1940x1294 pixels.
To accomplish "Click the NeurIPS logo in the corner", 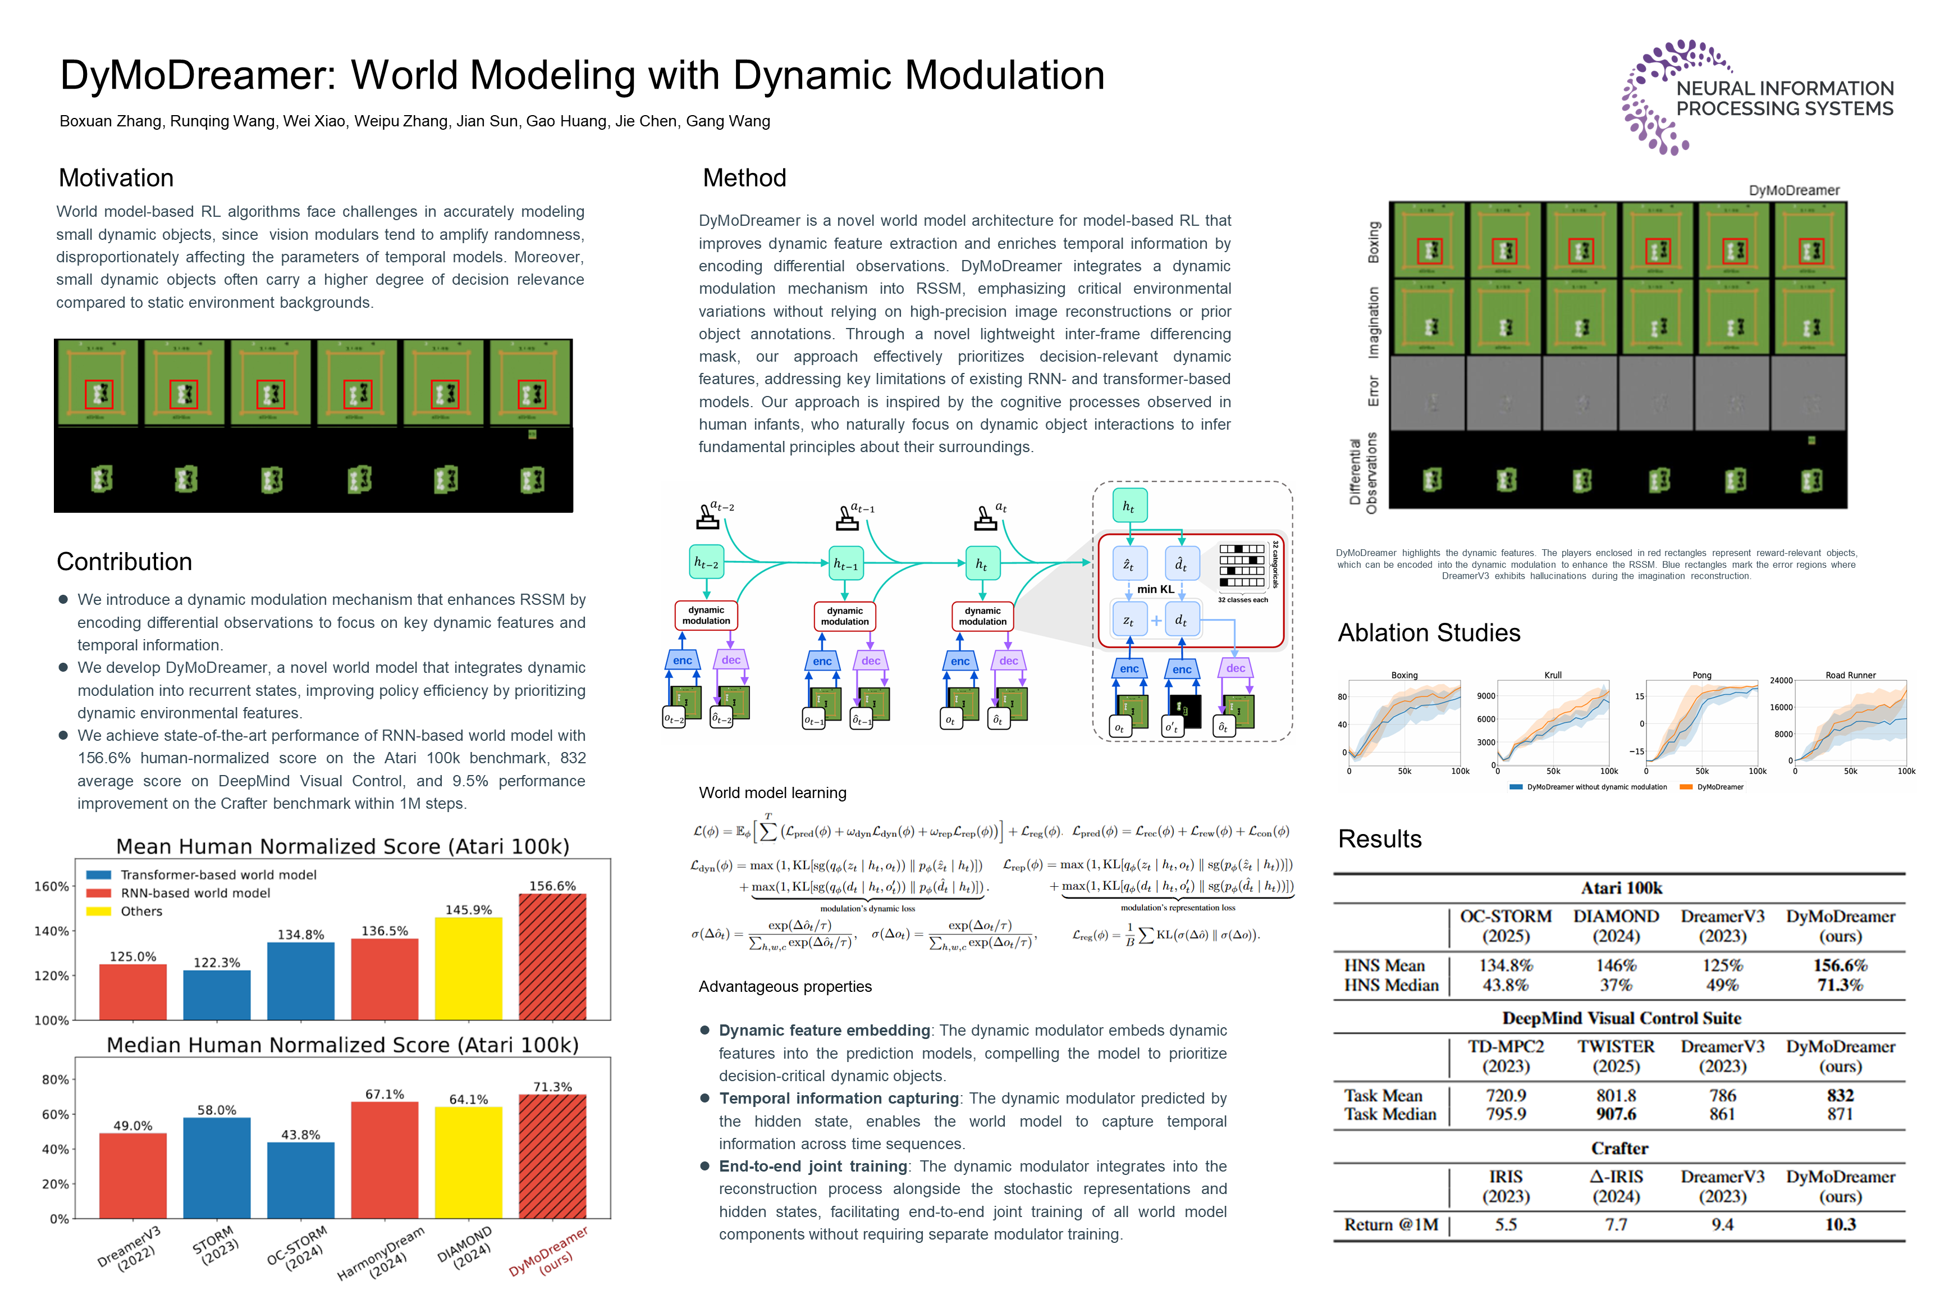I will [x=1757, y=97].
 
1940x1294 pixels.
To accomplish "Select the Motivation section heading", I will [x=116, y=178].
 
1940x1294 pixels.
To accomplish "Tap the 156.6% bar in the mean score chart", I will [x=552, y=957].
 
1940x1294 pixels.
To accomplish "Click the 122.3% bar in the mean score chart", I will [x=217, y=995].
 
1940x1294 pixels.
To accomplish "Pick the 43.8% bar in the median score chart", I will [x=301, y=1180].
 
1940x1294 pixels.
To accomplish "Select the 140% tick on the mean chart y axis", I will [x=51, y=931].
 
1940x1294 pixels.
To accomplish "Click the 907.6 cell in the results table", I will [x=1616, y=1114].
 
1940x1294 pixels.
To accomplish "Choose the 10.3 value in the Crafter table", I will [x=1840, y=1225].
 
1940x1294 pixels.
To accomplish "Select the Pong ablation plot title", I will [x=1701, y=675].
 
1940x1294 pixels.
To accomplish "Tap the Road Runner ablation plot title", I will [x=1850, y=675].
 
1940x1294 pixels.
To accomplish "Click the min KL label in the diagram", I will [x=1156, y=589].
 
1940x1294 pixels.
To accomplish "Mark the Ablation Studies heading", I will [x=1429, y=633].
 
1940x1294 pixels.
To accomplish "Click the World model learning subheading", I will [x=772, y=793].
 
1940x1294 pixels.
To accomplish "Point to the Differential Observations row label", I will [x=1362, y=473].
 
